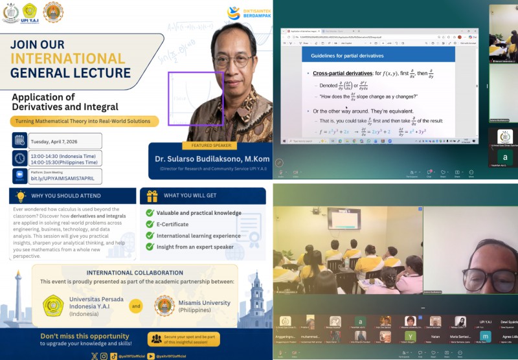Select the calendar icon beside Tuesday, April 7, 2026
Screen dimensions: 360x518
click(19, 141)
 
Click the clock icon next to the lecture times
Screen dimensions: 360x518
click(19, 158)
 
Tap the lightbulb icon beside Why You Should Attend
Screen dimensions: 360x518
click(20, 196)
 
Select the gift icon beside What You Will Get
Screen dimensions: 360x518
click(152, 196)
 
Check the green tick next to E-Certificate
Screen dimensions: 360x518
click(150, 225)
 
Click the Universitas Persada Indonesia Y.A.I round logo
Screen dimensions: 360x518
click(53, 306)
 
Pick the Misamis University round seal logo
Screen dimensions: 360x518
click(165, 306)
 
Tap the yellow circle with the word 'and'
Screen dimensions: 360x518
click(135, 306)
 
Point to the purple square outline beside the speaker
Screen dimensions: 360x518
click(196, 98)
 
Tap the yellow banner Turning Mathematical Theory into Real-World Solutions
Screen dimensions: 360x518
click(84, 121)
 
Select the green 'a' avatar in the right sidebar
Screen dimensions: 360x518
click(504, 158)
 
